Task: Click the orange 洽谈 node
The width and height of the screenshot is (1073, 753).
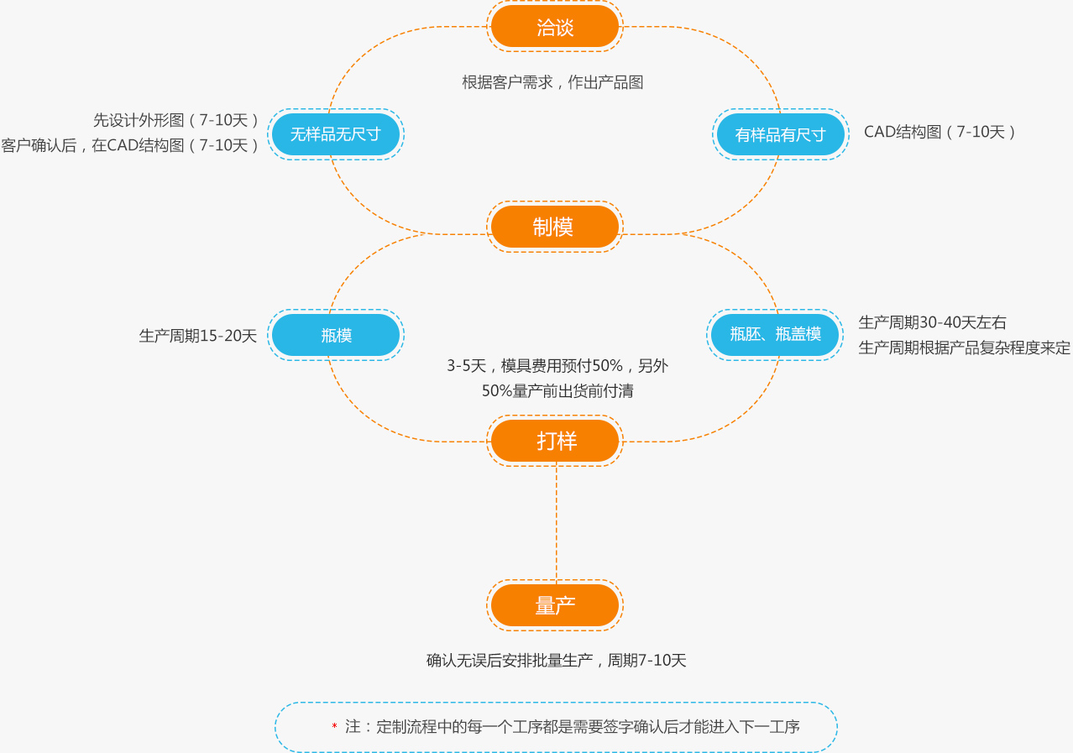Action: pyautogui.click(x=555, y=27)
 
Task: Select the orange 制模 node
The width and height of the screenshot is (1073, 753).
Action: pyautogui.click(x=555, y=227)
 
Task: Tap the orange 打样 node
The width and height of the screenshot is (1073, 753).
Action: pyautogui.click(x=555, y=441)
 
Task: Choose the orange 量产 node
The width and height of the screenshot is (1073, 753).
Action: pyautogui.click(x=555, y=605)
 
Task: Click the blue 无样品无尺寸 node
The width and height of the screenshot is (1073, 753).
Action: pyautogui.click(x=336, y=134)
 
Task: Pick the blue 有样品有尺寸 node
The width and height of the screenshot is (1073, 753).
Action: pyautogui.click(x=780, y=134)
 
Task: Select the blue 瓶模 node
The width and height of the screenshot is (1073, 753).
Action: pyautogui.click(x=336, y=335)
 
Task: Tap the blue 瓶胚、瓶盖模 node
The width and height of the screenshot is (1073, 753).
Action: pyautogui.click(x=775, y=334)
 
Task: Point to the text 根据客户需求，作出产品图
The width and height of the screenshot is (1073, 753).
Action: pyautogui.click(x=552, y=82)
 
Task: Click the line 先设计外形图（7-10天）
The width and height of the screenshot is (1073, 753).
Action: pyautogui.click(x=176, y=120)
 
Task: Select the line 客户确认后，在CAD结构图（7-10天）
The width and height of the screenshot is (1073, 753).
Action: pyautogui.click(x=130, y=145)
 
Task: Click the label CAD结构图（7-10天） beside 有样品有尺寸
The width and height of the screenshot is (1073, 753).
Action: pyautogui.click(x=940, y=132)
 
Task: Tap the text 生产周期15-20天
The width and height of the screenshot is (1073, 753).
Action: pyautogui.click(x=198, y=336)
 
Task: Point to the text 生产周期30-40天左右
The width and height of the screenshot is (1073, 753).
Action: pyautogui.click(x=932, y=322)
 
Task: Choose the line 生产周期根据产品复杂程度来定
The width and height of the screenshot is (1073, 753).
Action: pyautogui.click(x=964, y=348)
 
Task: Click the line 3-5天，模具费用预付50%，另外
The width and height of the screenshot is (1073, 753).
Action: pyautogui.click(x=557, y=366)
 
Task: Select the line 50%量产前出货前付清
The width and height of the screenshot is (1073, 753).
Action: pyautogui.click(x=557, y=391)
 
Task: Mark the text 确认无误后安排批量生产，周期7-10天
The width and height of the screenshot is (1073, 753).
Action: pyautogui.click(x=556, y=661)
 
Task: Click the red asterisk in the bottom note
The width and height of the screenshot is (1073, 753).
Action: pyautogui.click(x=334, y=726)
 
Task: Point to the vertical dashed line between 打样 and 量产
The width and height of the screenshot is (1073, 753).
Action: pyautogui.click(x=557, y=520)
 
